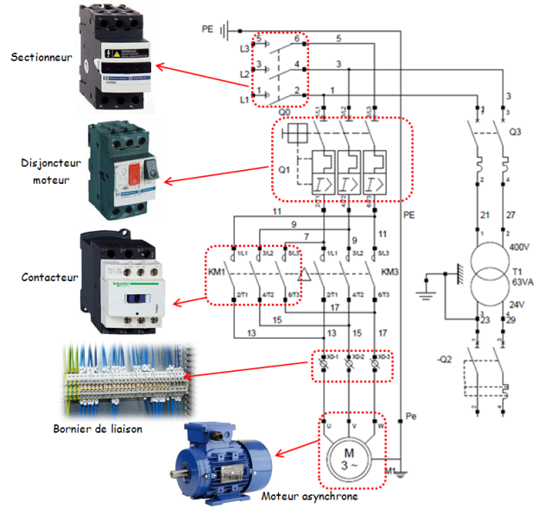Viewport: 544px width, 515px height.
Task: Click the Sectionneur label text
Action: (x=41, y=58)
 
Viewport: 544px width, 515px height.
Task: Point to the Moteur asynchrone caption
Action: (x=309, y=496)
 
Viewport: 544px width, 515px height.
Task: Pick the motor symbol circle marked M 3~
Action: (x=350, y=457)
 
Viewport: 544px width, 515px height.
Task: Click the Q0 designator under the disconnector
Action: (x=284, y=110)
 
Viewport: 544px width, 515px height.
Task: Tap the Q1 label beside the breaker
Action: (x=283, y=170)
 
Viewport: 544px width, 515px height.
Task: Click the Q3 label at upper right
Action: (x=516, y=132)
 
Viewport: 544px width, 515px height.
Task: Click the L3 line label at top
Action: (x=244, y=50)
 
